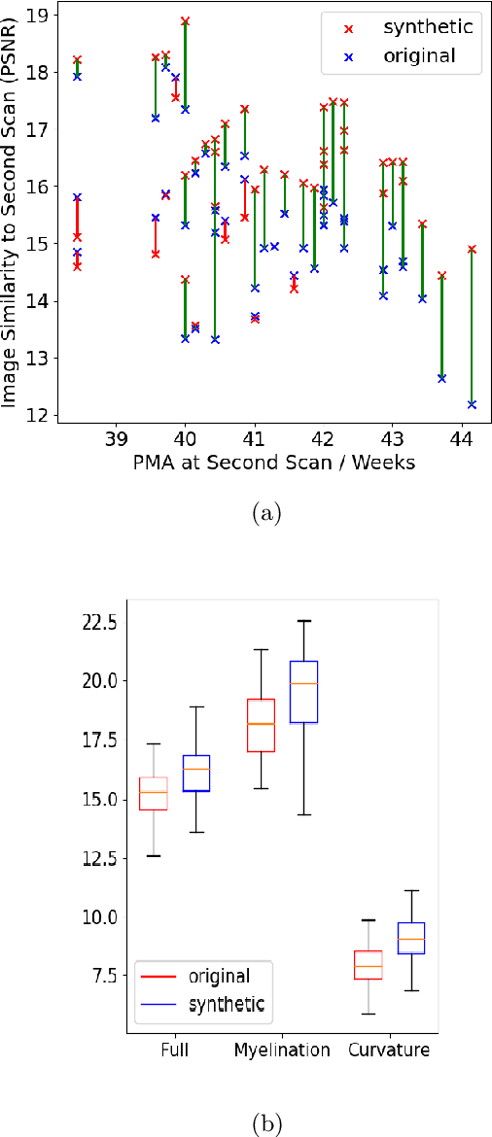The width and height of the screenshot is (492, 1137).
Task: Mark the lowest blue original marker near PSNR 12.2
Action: (x=472, y=404)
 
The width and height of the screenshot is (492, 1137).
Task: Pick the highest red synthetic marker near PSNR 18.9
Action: (x=186, y=20)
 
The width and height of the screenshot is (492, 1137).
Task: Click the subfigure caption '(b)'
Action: (x=265, y=1124)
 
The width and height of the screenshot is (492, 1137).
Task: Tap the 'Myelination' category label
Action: (x=283, y=1051)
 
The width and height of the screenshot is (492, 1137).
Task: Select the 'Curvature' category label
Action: (x=389, y=1051)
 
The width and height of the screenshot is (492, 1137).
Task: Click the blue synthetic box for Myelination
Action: (x=303, y=692)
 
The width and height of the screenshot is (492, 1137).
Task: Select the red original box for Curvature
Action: (x=368, y=964)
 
